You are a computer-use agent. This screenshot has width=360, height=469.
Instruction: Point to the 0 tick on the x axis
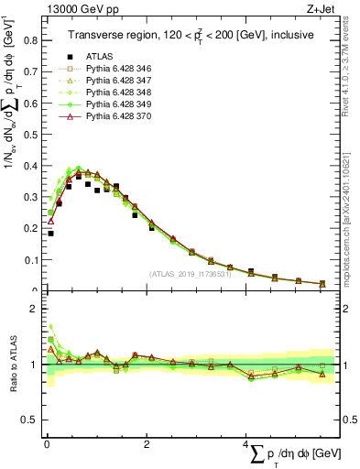pos(46,437)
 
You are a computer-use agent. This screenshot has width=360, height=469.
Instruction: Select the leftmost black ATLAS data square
pos(50,233)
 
